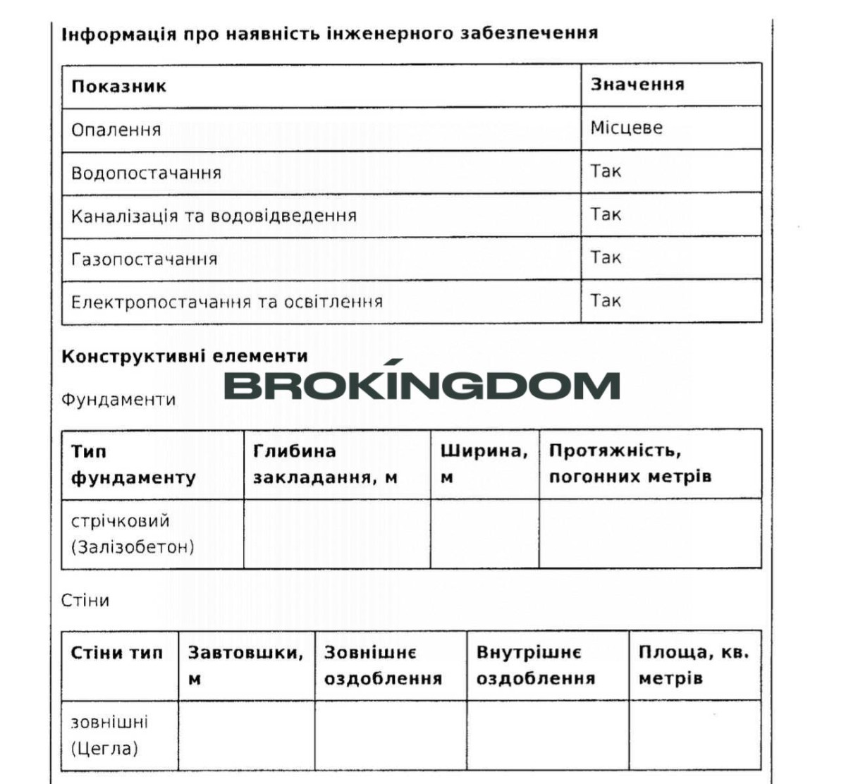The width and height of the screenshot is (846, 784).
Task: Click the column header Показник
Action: [x=118, y=87]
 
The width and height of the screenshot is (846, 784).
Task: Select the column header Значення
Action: [x=637, y=85]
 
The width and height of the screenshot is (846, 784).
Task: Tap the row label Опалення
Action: [x=116, y=130]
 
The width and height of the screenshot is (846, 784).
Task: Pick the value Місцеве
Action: [x=626, y=128]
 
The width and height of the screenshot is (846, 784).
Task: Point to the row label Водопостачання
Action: [x=146, y=173]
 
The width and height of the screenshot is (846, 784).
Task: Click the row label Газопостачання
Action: [x=144, y=259]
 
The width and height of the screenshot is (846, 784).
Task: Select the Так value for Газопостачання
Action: [x=606, y=257]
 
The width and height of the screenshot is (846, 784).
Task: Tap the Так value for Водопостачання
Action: [x=606, y=171]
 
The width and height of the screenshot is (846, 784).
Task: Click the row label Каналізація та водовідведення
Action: [x=214, y=216]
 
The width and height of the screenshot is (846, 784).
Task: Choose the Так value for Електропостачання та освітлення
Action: [x=606, y=301]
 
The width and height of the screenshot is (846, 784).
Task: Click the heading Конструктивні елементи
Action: [x=185, y=356]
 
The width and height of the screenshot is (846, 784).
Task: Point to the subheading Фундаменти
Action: [x=118, y=400]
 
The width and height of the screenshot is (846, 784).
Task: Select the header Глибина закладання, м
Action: [x=325, y=464]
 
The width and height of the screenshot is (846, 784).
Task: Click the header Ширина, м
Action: [x=484, y=463]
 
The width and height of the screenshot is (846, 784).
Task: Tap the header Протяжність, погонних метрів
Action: [x=630, y=463]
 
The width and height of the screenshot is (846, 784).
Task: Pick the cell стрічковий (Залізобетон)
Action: [x=133, y=534]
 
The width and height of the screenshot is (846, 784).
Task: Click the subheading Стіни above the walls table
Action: [x=85, y=601]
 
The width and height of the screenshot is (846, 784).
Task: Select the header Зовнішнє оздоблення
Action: [x=383, y=665]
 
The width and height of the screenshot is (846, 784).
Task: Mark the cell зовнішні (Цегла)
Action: [x=109, y=735]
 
